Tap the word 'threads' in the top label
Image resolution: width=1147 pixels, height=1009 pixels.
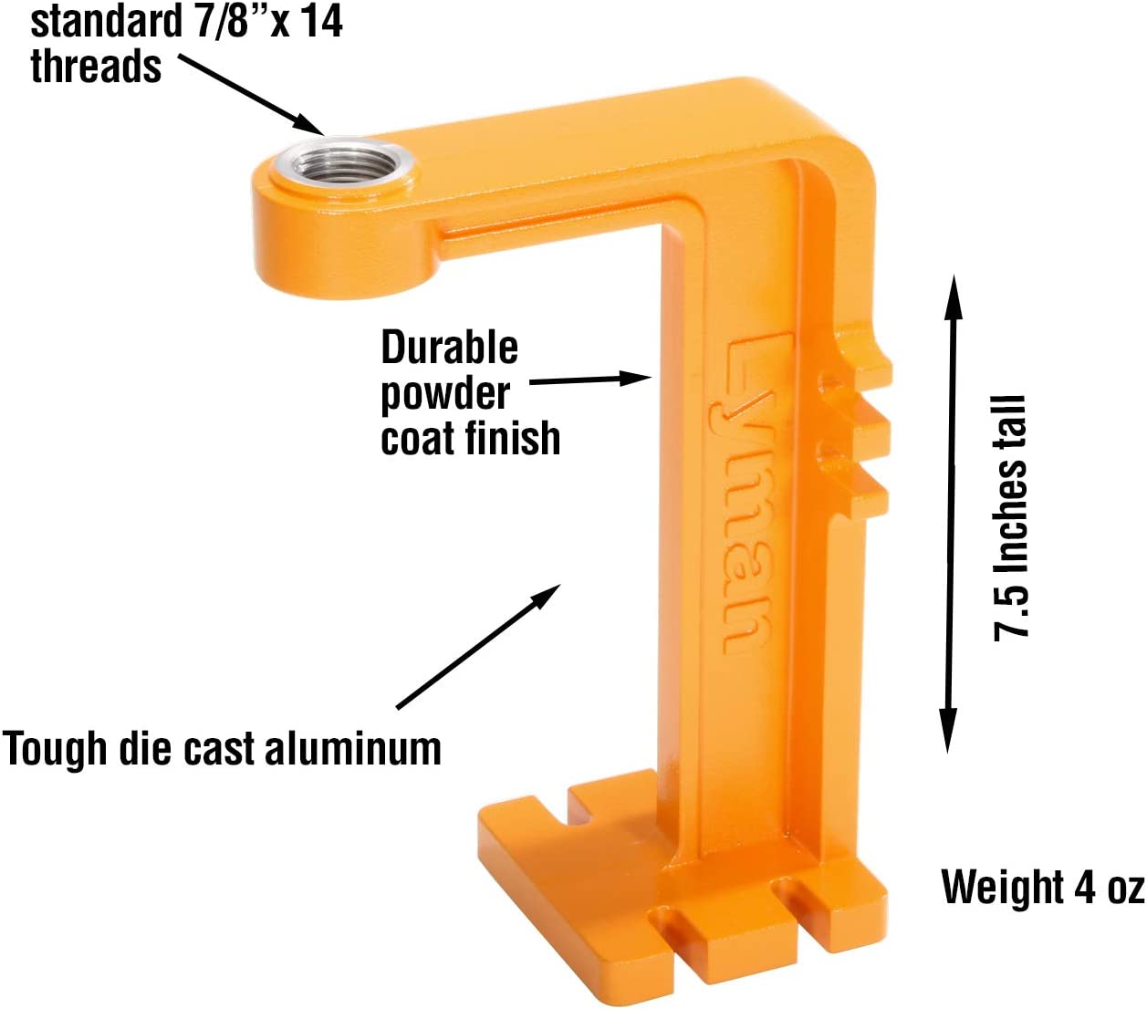pyautogui.click(x=96, y=67)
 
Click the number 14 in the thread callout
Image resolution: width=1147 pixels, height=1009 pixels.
pyautogui.click(x=321, y=21)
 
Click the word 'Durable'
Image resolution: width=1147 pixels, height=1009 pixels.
pyautogui.click(x=449, y=348)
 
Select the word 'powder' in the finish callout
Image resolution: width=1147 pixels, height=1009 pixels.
pyautogui.click(x=445, y=393)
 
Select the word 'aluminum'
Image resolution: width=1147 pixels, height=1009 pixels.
pyautogui.click(x=353, y=748)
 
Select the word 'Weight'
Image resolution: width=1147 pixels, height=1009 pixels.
pyautogui.click(x=1003, y=887)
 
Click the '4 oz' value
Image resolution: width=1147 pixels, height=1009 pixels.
pyautogui.click(x=1109, y=887)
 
